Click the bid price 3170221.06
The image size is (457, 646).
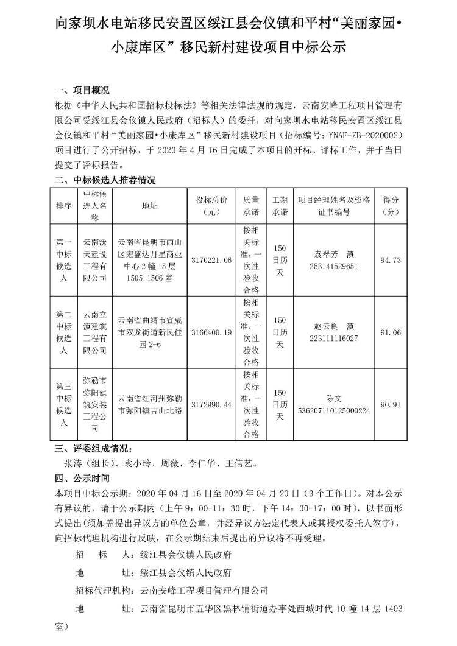[211, 261]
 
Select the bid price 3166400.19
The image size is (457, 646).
[211, 332]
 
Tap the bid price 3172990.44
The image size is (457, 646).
[211, 404]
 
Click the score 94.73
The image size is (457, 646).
[390, 261]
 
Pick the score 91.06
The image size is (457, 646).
[390, 332]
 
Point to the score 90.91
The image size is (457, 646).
[390, 404]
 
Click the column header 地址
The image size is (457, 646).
[149, 206]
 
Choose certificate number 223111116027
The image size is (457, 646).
[333, 338]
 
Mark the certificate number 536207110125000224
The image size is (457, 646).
[333, 410]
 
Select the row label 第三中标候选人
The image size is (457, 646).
[64, 404]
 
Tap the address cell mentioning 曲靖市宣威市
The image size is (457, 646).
[149, 332]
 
